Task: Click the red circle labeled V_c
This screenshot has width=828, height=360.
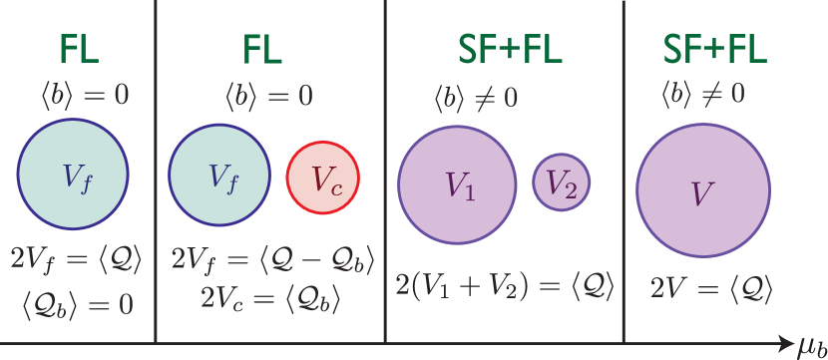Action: (322, 179)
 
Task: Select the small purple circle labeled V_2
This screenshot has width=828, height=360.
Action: (562, 182)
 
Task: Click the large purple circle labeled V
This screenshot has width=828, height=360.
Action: (703, 191)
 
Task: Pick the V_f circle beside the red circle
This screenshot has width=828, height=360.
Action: (219, 176)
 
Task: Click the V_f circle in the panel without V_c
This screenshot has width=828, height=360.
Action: (73, 176)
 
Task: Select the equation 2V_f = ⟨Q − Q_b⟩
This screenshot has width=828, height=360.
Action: (271, 261)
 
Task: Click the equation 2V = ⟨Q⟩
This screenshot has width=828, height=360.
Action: (712, 288)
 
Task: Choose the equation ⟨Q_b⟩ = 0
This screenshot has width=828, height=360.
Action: (77, 303)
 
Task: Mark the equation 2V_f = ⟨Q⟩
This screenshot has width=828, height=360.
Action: (76, 261)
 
